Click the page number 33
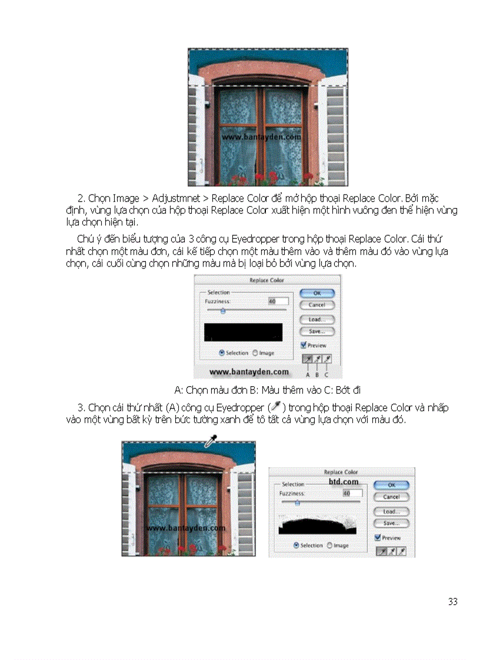(x=452, y=601)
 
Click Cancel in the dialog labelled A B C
(x=316, y=305)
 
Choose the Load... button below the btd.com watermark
(x=391, y=511)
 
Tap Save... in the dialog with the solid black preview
(x=316, y=331)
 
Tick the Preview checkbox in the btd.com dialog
(x=378, y=537)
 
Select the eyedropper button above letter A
(x=307, y=359)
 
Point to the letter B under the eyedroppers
(x=316, y=374)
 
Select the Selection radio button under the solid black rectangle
(x=222, y=353)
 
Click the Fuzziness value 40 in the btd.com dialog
(x=346, y=493)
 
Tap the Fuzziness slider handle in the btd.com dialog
(x=297, y=502)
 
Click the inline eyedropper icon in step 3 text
(x=274, y=407)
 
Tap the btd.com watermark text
(x=344, y=481)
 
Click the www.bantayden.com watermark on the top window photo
(x=261, y=137)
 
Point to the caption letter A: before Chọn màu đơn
(x=179, y=389)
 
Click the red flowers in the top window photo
(x=259, y=177)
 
